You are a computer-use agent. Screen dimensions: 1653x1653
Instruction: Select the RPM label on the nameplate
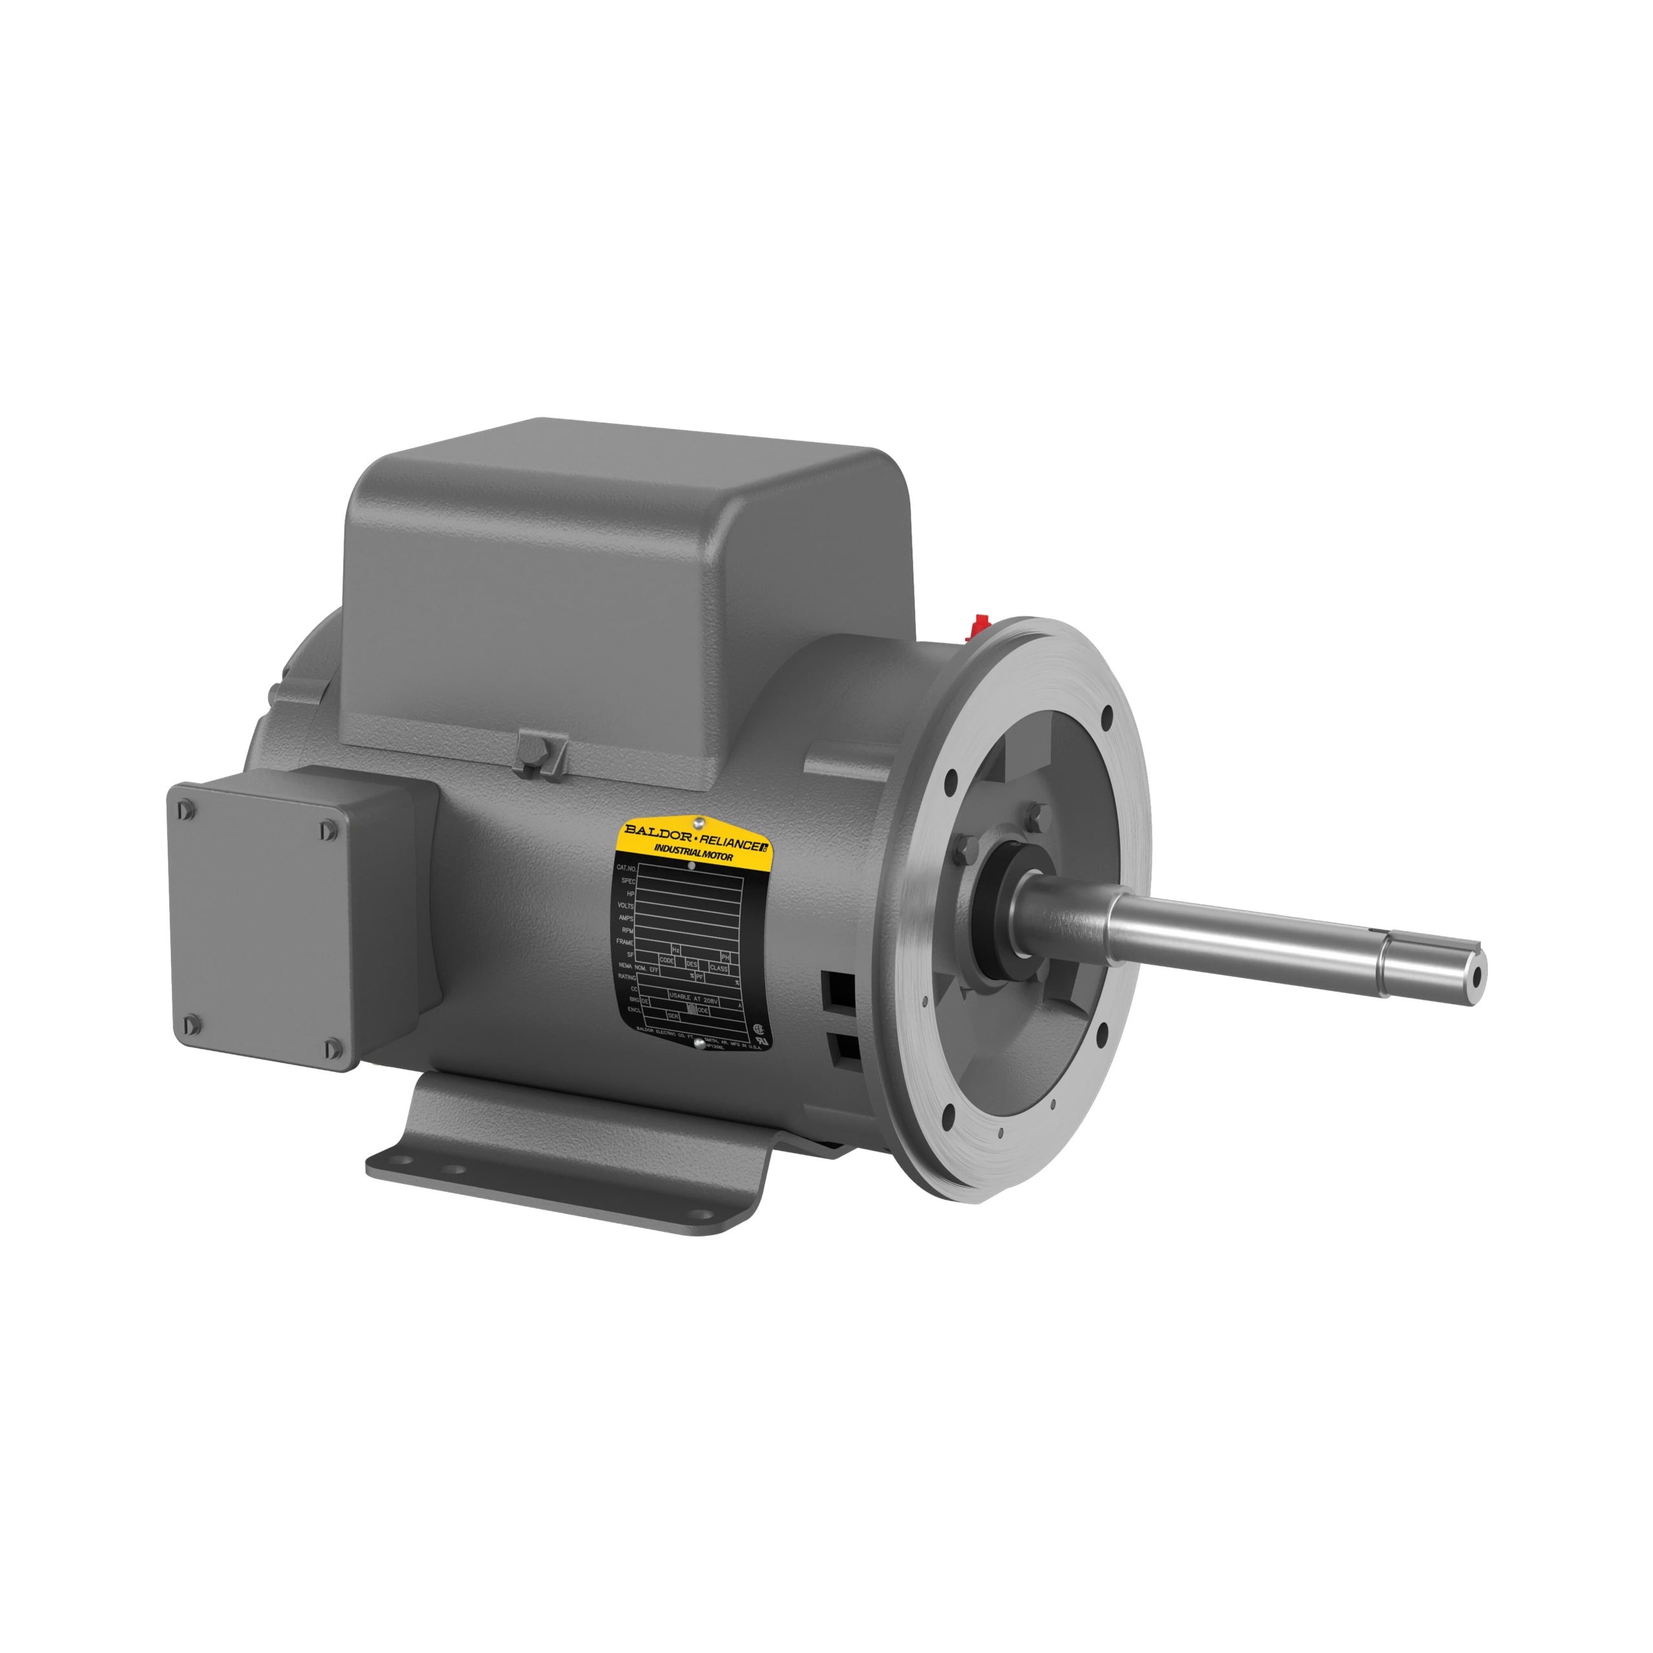pos(626,929)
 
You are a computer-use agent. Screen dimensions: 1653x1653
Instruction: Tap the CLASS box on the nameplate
pos(719,969)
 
